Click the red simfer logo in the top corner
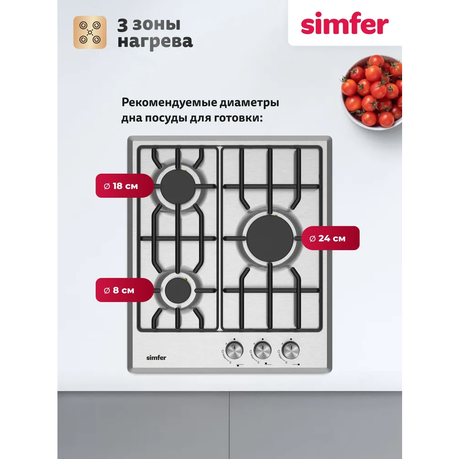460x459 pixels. [x=345, y=23]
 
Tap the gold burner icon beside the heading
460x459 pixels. [x=90, y=32]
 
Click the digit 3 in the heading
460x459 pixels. [x=123, y=25]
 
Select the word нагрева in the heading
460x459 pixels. [x=155, y=42]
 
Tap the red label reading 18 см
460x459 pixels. [x=125, y=185]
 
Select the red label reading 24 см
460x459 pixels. [x=330, y=238]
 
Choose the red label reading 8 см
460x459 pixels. [x=125, y=290]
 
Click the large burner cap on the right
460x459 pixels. [x=270, y=238]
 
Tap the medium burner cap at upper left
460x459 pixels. [x=178, y=186]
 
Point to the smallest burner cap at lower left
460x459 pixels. [x=178, y=291]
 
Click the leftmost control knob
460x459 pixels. [x=234, y=350]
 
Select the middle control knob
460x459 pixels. [x=262, y=350]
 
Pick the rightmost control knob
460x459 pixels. [x=291, y=350]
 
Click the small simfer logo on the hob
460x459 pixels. [x=156, y=358]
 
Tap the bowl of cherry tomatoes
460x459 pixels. [x=372, y=91]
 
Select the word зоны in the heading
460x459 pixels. [x=157, y=25]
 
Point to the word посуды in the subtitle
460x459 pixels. [x=166, y=118]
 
